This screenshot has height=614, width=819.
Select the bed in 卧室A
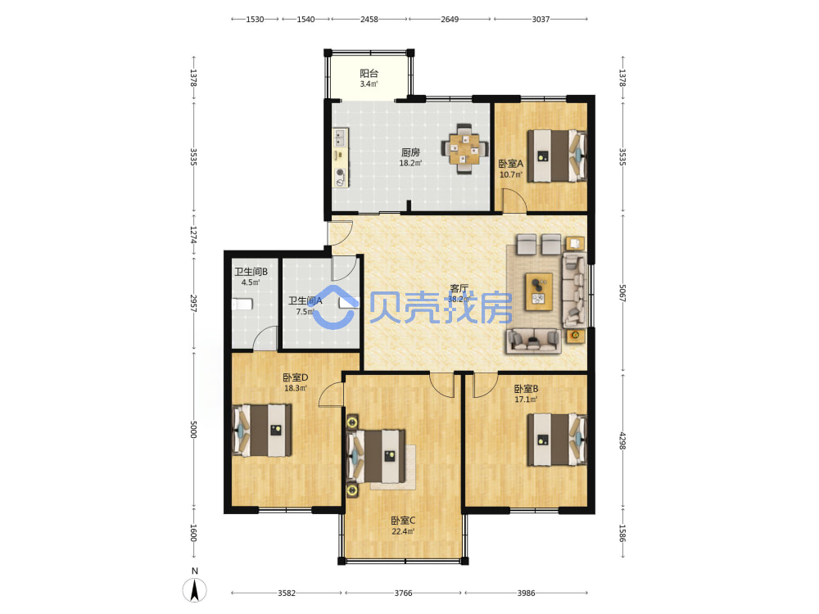pos(556,156)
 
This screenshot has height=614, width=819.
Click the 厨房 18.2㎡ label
pos(410,157)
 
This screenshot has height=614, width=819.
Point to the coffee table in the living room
pos(539,291)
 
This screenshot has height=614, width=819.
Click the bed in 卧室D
pos(262,431)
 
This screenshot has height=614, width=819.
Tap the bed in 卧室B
pos(556,440)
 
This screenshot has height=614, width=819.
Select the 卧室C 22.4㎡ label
pos(403,526)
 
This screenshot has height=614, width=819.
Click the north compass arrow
pos(194,590)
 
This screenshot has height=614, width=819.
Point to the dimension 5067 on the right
pos(622,293)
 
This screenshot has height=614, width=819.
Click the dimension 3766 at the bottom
pos(403,593)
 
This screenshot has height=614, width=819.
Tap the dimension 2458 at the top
pos(369,20)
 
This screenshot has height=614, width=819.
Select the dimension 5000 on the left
pos(193,429)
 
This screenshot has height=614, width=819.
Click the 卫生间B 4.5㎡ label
pos(251,277)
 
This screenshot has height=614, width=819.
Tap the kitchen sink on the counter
pos(341,138)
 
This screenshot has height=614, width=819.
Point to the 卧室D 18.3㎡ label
pos(295,382)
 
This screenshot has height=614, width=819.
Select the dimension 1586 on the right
pos(622,533)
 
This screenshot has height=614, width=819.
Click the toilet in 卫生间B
pos(242,304)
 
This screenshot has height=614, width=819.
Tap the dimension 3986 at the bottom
pos(526,593)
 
